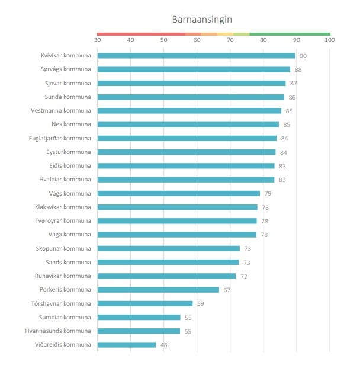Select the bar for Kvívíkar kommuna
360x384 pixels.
(x=196, y=56)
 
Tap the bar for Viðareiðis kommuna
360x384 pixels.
(x=126, y=345)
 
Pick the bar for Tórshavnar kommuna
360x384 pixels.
(x=145, y=303)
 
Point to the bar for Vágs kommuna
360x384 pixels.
(x=178, y=193)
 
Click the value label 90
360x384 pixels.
(x=303, y=56)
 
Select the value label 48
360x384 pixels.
(x=164, y=345)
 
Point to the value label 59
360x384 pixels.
(x=201, y=304)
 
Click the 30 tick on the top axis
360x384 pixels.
(x=97, y=40)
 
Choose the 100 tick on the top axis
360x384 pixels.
(x=330, y=40)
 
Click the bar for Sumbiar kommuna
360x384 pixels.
(x=139, y=317)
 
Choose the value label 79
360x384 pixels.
(x=268, y=194)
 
